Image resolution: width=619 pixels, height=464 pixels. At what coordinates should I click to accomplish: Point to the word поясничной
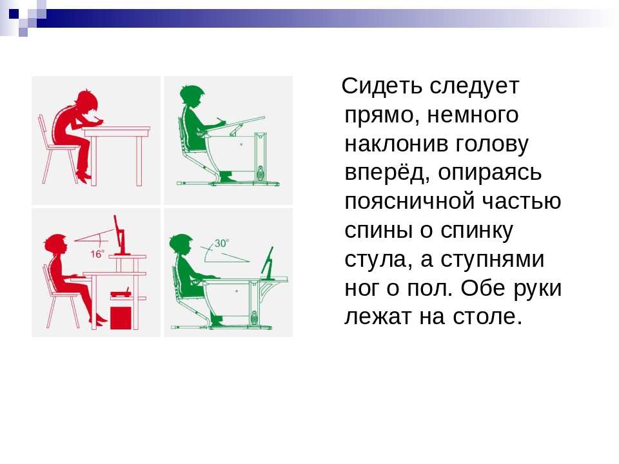[x=410, y=201]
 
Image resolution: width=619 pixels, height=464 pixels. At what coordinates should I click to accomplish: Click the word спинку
[x=477, y=231]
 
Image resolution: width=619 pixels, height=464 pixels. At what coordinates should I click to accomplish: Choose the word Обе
[x=483, y=288]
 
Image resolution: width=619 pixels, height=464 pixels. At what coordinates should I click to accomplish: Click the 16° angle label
[x=97, y=254]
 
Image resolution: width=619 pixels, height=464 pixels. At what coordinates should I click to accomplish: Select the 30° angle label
[x=221, y=244]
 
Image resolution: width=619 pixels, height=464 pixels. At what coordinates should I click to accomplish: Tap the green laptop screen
[x=268, y=261]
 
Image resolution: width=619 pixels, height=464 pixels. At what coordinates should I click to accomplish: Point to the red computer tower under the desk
[x=121, y=318]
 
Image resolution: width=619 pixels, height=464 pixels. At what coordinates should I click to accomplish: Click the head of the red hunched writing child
[x=86, y=102]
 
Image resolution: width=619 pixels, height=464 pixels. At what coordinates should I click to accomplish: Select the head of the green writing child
[x=192, y=96]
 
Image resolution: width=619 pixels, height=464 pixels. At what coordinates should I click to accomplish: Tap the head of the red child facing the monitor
[x=55, y=245]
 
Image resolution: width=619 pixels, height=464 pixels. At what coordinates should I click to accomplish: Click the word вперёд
[x=386, y=173]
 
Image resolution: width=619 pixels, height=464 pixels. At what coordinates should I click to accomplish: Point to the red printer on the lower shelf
[x=121, y=293]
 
